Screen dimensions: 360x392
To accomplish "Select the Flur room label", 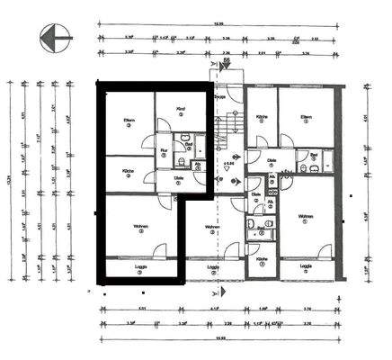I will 165,149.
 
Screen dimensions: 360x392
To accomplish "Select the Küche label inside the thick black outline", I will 129,171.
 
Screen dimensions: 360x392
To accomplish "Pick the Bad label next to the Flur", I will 189,144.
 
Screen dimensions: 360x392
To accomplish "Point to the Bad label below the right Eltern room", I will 315,155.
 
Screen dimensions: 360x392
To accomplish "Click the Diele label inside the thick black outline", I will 179,178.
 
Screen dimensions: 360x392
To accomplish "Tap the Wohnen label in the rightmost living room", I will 306,216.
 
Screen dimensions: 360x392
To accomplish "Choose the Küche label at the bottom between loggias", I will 261,259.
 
